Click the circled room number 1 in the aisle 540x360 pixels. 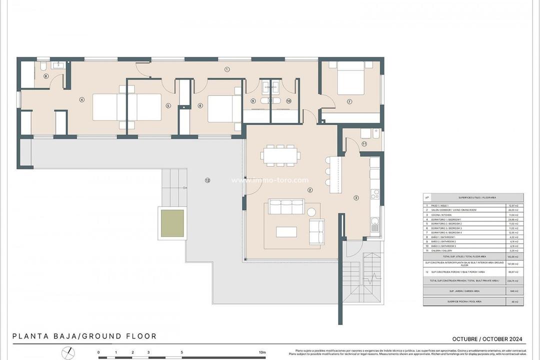click(x=227, y=69)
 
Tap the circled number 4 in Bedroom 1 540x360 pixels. click(x=82, y=99)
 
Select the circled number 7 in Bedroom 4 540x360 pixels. click(x=349, y=101)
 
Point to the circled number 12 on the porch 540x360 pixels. click(x=207, y=180)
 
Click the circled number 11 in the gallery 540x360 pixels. click(x=364, y=144)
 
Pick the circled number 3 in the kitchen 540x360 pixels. click(x=356, y=198)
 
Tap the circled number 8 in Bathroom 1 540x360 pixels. click(x=46, y=76)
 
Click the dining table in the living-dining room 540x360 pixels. click(x=280, y=155)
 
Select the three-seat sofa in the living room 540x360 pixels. click(x=286, y=206)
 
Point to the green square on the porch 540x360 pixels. click(x=171, y=223)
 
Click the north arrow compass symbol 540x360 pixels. click(x=68, y=353)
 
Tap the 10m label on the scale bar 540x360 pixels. click(x=262, y=352)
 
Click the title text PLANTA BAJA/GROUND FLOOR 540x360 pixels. click(x=84, y=336)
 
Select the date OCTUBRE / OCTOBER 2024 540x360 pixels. click(x=487, y=338)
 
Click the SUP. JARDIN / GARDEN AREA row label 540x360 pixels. click(x=465, y=290)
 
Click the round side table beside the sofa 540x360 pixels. click(x=311, y=211)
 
